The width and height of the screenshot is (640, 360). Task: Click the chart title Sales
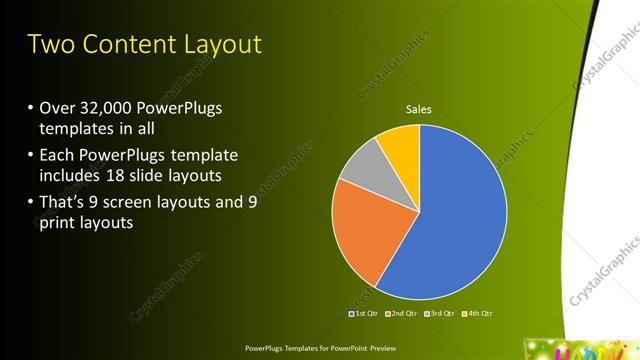pos(419,109)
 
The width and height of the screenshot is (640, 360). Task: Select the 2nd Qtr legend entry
pos(401,314)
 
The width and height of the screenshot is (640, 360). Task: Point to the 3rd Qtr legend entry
pos(440,314)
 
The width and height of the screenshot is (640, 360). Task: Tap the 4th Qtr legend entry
pos(478,314)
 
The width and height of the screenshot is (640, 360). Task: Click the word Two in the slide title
pos(53,45)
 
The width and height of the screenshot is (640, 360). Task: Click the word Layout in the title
pos(226,45)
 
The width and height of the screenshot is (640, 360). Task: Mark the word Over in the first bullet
pos(57,109)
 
